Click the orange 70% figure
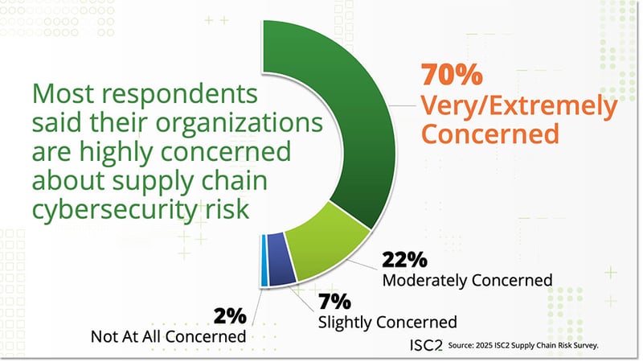tap(452, 77)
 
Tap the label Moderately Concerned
tap(467, 280)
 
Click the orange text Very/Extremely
tap(519, 105)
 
